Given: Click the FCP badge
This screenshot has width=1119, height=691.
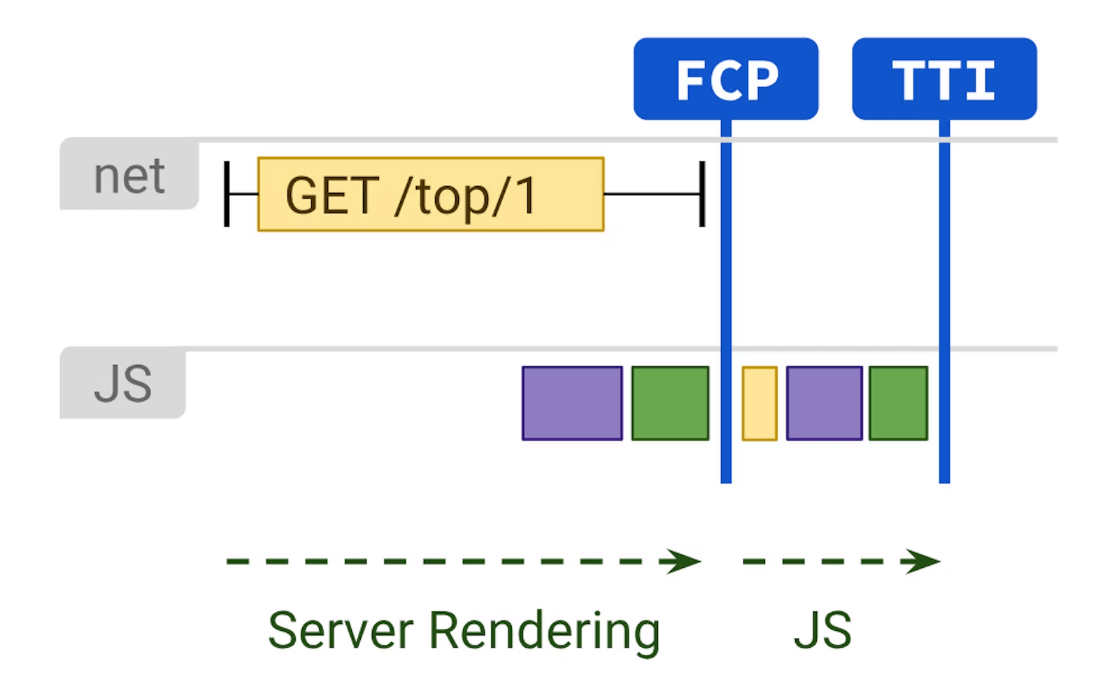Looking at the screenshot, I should coord(726,79).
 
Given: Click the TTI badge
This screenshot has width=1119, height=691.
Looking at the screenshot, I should coord(944,79).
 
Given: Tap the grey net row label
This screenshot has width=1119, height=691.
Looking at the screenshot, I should coord(129,175).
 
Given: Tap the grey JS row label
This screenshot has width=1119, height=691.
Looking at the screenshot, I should coord(123,383).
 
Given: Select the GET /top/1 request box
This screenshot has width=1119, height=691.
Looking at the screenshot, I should coord(430,194).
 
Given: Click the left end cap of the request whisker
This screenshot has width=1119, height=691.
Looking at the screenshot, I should coord(227,194).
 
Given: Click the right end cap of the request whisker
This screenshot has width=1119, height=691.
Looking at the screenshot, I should coord(701,194).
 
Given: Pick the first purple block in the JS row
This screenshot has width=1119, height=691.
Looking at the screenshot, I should coord(572,403).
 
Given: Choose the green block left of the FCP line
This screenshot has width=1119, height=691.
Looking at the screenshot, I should coord(670,403).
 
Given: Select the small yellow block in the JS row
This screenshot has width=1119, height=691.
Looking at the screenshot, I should coord(760,404).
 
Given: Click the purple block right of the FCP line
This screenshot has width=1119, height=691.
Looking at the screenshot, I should coord(824,403).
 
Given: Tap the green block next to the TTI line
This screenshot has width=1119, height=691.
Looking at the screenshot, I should coord(898,403).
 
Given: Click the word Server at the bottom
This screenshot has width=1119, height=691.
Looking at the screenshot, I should coord(341,631).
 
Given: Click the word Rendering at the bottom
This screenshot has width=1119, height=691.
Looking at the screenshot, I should coord(544,631).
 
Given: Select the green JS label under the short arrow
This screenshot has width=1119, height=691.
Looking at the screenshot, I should coord(822,631).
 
